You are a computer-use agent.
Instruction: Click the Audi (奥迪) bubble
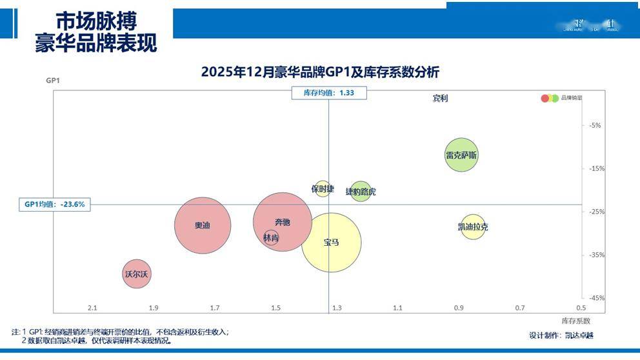point(203,225)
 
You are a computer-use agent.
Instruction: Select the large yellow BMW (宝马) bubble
point(331,243)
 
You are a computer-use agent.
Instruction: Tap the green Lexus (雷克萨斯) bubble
point(461,155)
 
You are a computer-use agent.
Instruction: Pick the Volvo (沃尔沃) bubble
point(137,274)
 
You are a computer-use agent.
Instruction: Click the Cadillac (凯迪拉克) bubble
point(473,226)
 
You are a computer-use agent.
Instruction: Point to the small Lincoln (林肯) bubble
point(271,238)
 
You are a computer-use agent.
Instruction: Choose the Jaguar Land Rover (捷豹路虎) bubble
point(361,192)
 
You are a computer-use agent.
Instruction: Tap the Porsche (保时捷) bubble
point(323,188)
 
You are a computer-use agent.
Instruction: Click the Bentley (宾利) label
point(440,99)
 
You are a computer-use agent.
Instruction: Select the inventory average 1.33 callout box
point(329,93)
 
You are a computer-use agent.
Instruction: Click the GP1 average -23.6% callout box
point(54,205)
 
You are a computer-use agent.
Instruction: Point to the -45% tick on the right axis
point(595,298)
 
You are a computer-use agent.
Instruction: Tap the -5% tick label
point(595,125)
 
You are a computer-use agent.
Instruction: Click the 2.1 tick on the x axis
point(92,308)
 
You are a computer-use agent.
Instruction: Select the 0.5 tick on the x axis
point(581,308)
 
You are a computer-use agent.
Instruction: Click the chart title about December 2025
point(320,72)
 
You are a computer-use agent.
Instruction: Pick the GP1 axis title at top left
point(53,81)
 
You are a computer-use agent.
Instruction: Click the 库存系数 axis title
point(575,321)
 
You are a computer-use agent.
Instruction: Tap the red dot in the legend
point(545,98)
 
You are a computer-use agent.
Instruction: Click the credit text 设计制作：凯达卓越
point(561,335)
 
